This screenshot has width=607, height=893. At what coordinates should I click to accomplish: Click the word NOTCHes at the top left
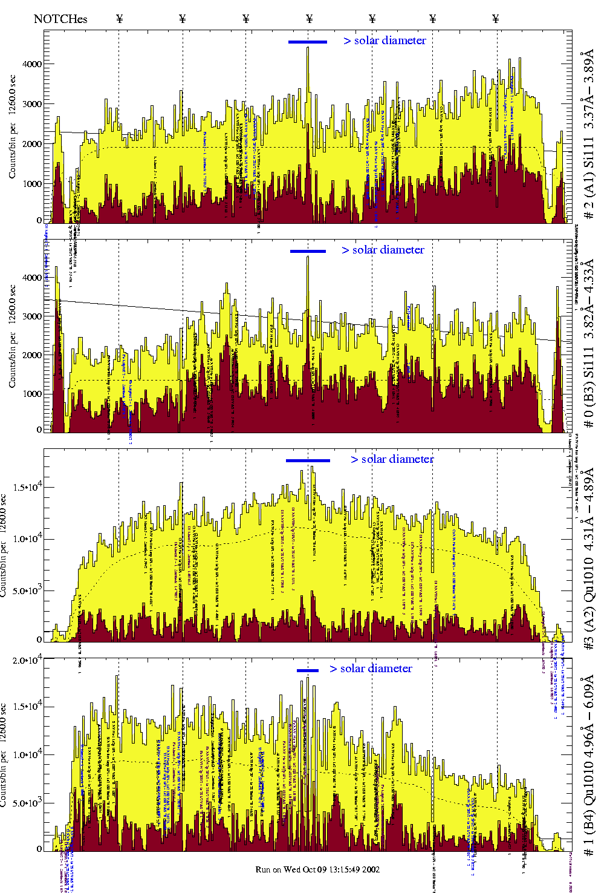pos(60,19)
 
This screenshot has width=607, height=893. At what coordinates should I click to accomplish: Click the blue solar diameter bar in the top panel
pos(308,42)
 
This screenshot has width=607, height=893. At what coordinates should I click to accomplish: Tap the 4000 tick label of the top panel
pos(32,64)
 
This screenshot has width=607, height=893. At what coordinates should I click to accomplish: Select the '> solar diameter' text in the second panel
pos(383,250)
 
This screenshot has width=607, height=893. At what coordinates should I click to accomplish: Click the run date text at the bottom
pos(317,869)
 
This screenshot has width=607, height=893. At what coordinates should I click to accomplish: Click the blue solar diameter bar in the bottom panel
pos(308,670)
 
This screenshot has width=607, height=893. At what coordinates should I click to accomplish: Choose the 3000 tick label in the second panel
pos(32,316)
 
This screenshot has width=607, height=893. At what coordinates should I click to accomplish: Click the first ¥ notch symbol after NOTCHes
pos(120,19)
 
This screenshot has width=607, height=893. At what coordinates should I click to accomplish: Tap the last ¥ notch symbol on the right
pos(496,19)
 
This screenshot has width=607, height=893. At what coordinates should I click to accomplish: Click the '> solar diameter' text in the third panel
pos(392,459)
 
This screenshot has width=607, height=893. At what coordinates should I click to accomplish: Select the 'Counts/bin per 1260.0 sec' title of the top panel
pos(13,126)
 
